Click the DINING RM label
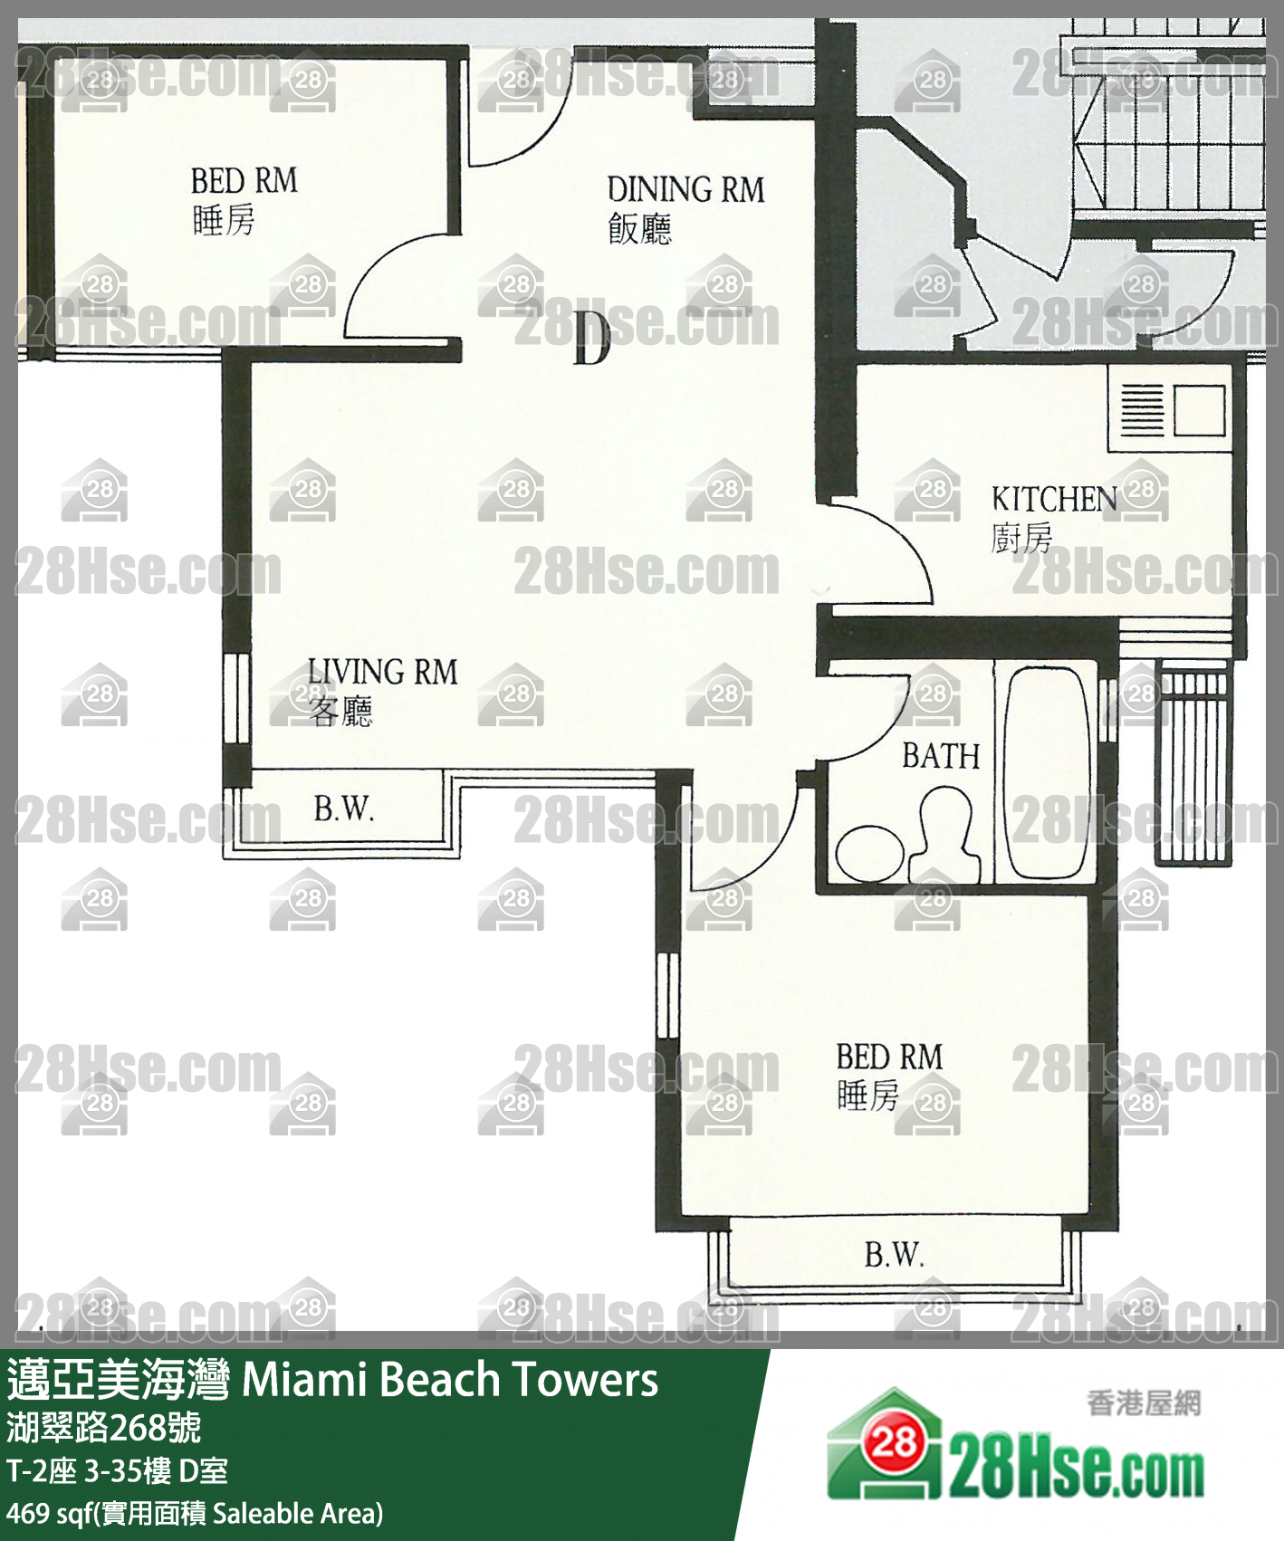pos(685,190)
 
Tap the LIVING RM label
pos(382,672)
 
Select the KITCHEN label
pos(1054,499)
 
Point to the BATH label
pos(941,756)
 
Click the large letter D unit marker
pos(591,338)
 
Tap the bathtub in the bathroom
pos(1047,772)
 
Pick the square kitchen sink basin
pos(1200,410)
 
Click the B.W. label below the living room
pos(344,808)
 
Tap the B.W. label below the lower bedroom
pos(895,1255)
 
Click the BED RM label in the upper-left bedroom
pos(244,181)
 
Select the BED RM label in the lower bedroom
pos(889,1057)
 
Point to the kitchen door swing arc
pos(906,534)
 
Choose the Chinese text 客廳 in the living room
pos(340,712)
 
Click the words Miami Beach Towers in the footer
pos(450,1380)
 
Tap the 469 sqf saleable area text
pos(195,1513)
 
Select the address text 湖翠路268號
pos(104,1428)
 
